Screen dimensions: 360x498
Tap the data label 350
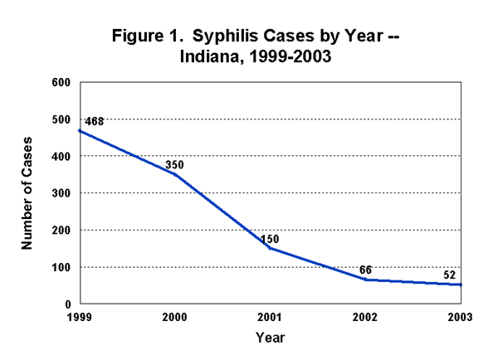pyautogui.click(x=174, y=165)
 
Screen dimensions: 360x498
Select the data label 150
pyautogui.click(x=270, y=239)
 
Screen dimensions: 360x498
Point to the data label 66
pyautogui.click(x=366, y=270)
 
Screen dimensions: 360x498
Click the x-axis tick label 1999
pyautogui.click(x=80, y=318)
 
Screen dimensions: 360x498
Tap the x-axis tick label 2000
pyautogui.click(x=175, y=318)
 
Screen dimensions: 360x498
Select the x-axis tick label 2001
pyautogui.click(x=271, y=318)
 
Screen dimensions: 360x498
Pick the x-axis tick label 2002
pyautogui.click(x=366, y=318)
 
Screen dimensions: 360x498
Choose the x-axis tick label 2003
pyautogui.click(x=461, y=318)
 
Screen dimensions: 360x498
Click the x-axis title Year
pyautogui.click(x=271, y=338)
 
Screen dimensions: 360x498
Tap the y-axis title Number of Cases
pyautogui.click(x=27, y=193)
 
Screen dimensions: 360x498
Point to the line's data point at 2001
pyautogui.click(x=271, y=248)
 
